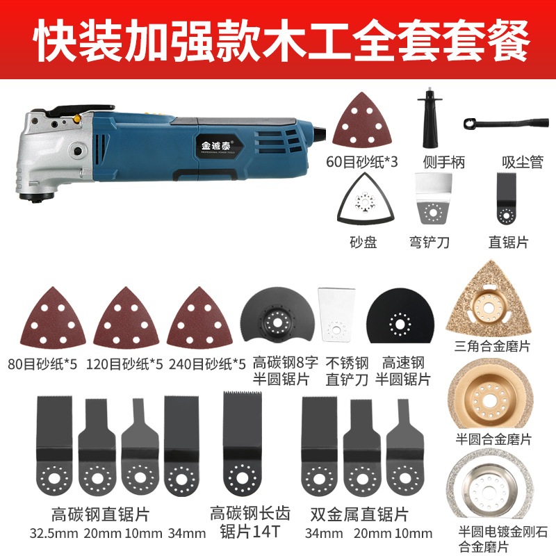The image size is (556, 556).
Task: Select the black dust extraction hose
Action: tap(506, 124)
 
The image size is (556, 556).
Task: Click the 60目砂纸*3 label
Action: tap(361, 162)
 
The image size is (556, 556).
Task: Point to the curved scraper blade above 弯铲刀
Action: tap(433, 199)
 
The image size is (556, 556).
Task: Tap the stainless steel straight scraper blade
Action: tap(336, 315)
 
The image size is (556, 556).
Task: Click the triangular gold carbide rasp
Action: tap(489, 300)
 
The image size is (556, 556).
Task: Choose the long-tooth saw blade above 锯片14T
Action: tap(242, 443)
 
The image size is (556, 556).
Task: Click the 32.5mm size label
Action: tap(54, 534)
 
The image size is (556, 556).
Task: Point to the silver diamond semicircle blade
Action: tap(490, 489)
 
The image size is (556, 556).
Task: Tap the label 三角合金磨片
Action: tap(492, 346)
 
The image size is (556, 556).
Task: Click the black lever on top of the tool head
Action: tap(81, 110)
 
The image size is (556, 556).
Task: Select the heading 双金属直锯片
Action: tap(359, 514)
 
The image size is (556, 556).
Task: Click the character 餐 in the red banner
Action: tap(508, 40)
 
